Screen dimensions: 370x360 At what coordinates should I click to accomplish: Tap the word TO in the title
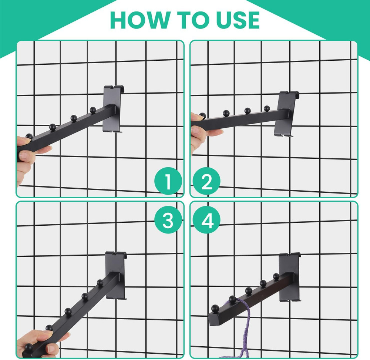(193, 20)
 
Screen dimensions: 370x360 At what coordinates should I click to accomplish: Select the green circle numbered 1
(168, 181)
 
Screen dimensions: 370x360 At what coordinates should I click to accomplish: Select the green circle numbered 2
(206, 181)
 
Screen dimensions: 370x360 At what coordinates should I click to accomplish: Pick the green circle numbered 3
(168, 220)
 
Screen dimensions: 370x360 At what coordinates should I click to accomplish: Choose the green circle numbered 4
(206, 220)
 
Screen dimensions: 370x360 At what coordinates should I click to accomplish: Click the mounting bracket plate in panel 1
(113, 109)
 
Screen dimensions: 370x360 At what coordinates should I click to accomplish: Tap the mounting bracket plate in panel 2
(286, 114)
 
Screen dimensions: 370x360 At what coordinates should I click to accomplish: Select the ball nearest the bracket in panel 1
(93, 110)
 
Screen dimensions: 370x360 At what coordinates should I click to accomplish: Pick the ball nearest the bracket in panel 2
(267, 108)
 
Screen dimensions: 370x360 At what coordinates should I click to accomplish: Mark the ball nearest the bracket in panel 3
(100, 282)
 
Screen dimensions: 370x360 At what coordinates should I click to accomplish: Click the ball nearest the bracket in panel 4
(276, 276)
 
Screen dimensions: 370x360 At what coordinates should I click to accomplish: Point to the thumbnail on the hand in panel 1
(24, 155)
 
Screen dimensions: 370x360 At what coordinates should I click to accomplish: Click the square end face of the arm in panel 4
(214, 320)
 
